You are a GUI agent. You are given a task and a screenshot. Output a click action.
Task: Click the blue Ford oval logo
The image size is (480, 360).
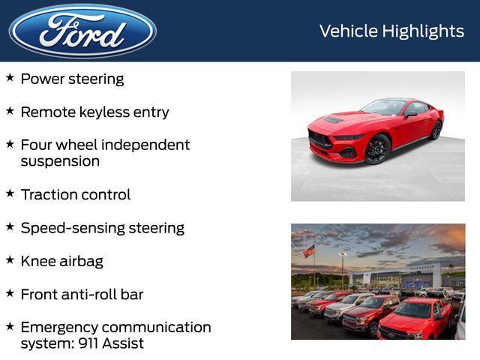pyautogui.click(x=82, y=31)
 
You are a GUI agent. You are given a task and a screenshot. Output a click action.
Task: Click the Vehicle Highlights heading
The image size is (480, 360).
pyautogui.click(x=391, y=31)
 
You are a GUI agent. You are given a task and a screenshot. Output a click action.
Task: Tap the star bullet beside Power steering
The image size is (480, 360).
pyautogui.click(x=10, y=78)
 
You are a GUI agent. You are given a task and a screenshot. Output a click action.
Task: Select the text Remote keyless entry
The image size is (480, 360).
pyautogui.click(x=94, y=112)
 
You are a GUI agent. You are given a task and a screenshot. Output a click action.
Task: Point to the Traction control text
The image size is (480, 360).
pyautogui.click(x=75, y=194)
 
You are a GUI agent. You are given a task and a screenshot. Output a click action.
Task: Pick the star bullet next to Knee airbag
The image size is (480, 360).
pyautogui.click(x=10, y=260)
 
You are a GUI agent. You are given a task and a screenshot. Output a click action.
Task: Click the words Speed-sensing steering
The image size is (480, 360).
pyautogui.click(x=102, y=228)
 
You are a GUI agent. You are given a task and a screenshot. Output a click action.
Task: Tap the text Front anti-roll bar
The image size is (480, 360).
pyautogui.click(x=82, y=294)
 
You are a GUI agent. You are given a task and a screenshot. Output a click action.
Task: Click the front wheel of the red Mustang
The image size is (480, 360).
pyautogui.click(x=376, y=149)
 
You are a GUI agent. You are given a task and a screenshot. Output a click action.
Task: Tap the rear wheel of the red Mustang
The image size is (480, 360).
pyautogui.click(x=436, y=130)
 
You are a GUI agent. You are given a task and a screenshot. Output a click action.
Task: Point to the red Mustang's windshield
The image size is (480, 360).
pyautogui.click(x=385, y=107)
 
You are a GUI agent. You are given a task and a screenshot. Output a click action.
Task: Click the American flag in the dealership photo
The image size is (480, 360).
pyautogui.click(x=309, y=251)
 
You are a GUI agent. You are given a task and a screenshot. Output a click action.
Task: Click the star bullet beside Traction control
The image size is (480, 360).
pyautogui.click(x=10, y=193)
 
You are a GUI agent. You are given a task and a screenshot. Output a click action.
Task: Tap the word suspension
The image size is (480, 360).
pyautogui.click(x=60, y=161)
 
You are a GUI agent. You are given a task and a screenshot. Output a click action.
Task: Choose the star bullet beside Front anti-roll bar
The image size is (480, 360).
pyautogui.click(x=10, y=293)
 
